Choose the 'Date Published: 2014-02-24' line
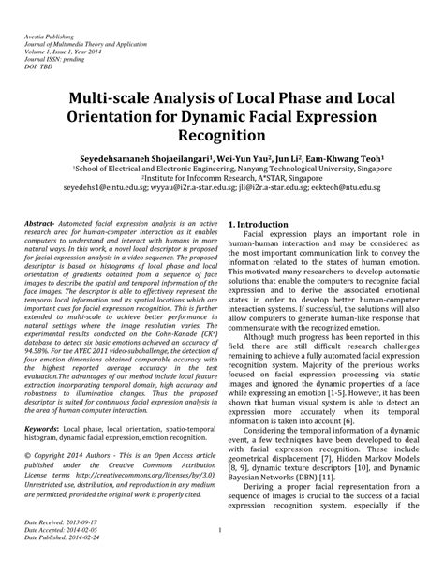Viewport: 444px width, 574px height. (x=57, y=565)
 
